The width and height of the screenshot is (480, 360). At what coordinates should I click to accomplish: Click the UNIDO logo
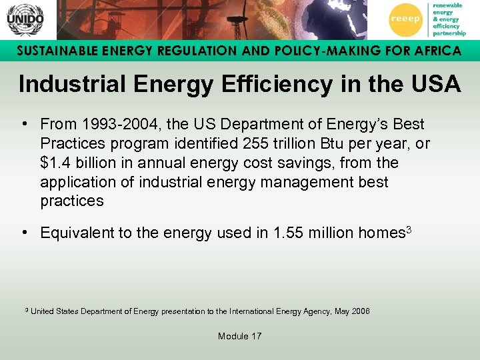(25, 19)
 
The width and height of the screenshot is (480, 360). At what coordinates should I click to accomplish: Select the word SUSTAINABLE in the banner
(53, 51)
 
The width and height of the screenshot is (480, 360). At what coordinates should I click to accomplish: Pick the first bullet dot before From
(24, 125)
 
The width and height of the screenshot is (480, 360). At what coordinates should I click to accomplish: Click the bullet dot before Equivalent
(24, 233)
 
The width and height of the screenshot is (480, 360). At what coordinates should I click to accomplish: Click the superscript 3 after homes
(409, 229)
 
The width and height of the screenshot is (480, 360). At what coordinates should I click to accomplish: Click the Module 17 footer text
(239, 336)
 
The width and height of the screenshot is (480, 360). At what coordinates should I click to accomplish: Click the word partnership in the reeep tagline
(449, 32)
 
